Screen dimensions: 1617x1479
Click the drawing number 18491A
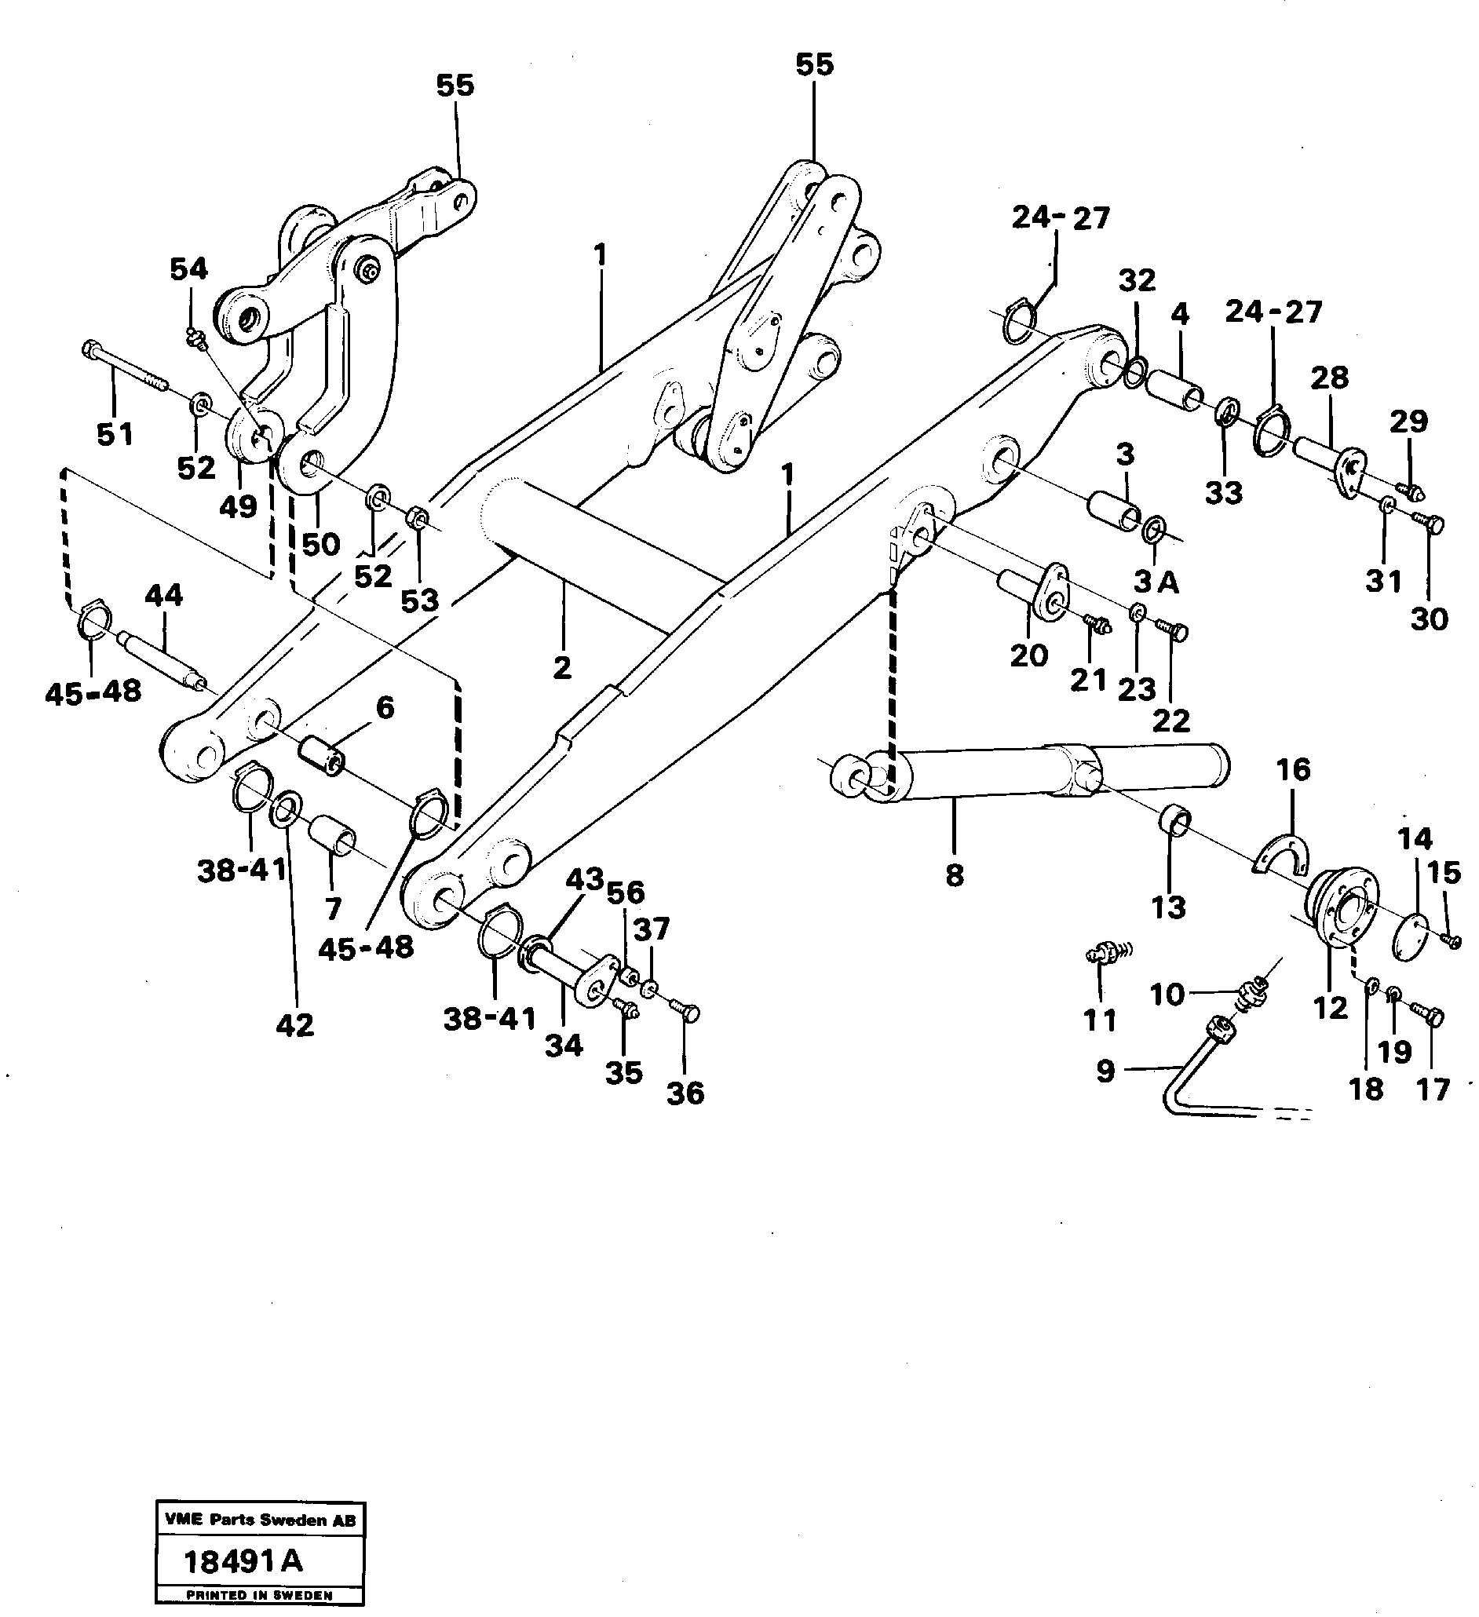pyautogui.click(x=244, y=1560)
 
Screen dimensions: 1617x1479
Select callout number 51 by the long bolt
pyautogui.click(x=115, y=434)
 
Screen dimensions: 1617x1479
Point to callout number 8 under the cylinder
pyautogui.click(x=954, y=874)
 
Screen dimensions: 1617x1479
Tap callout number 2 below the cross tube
pyautogui.click(x=561, y=667)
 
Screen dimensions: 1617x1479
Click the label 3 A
pyautogui.click(x=1155, y=583)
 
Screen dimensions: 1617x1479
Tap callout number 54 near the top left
pyautogui.click(x=188, y=269)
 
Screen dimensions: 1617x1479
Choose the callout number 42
pyautogui.click(x=294, y=1024)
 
